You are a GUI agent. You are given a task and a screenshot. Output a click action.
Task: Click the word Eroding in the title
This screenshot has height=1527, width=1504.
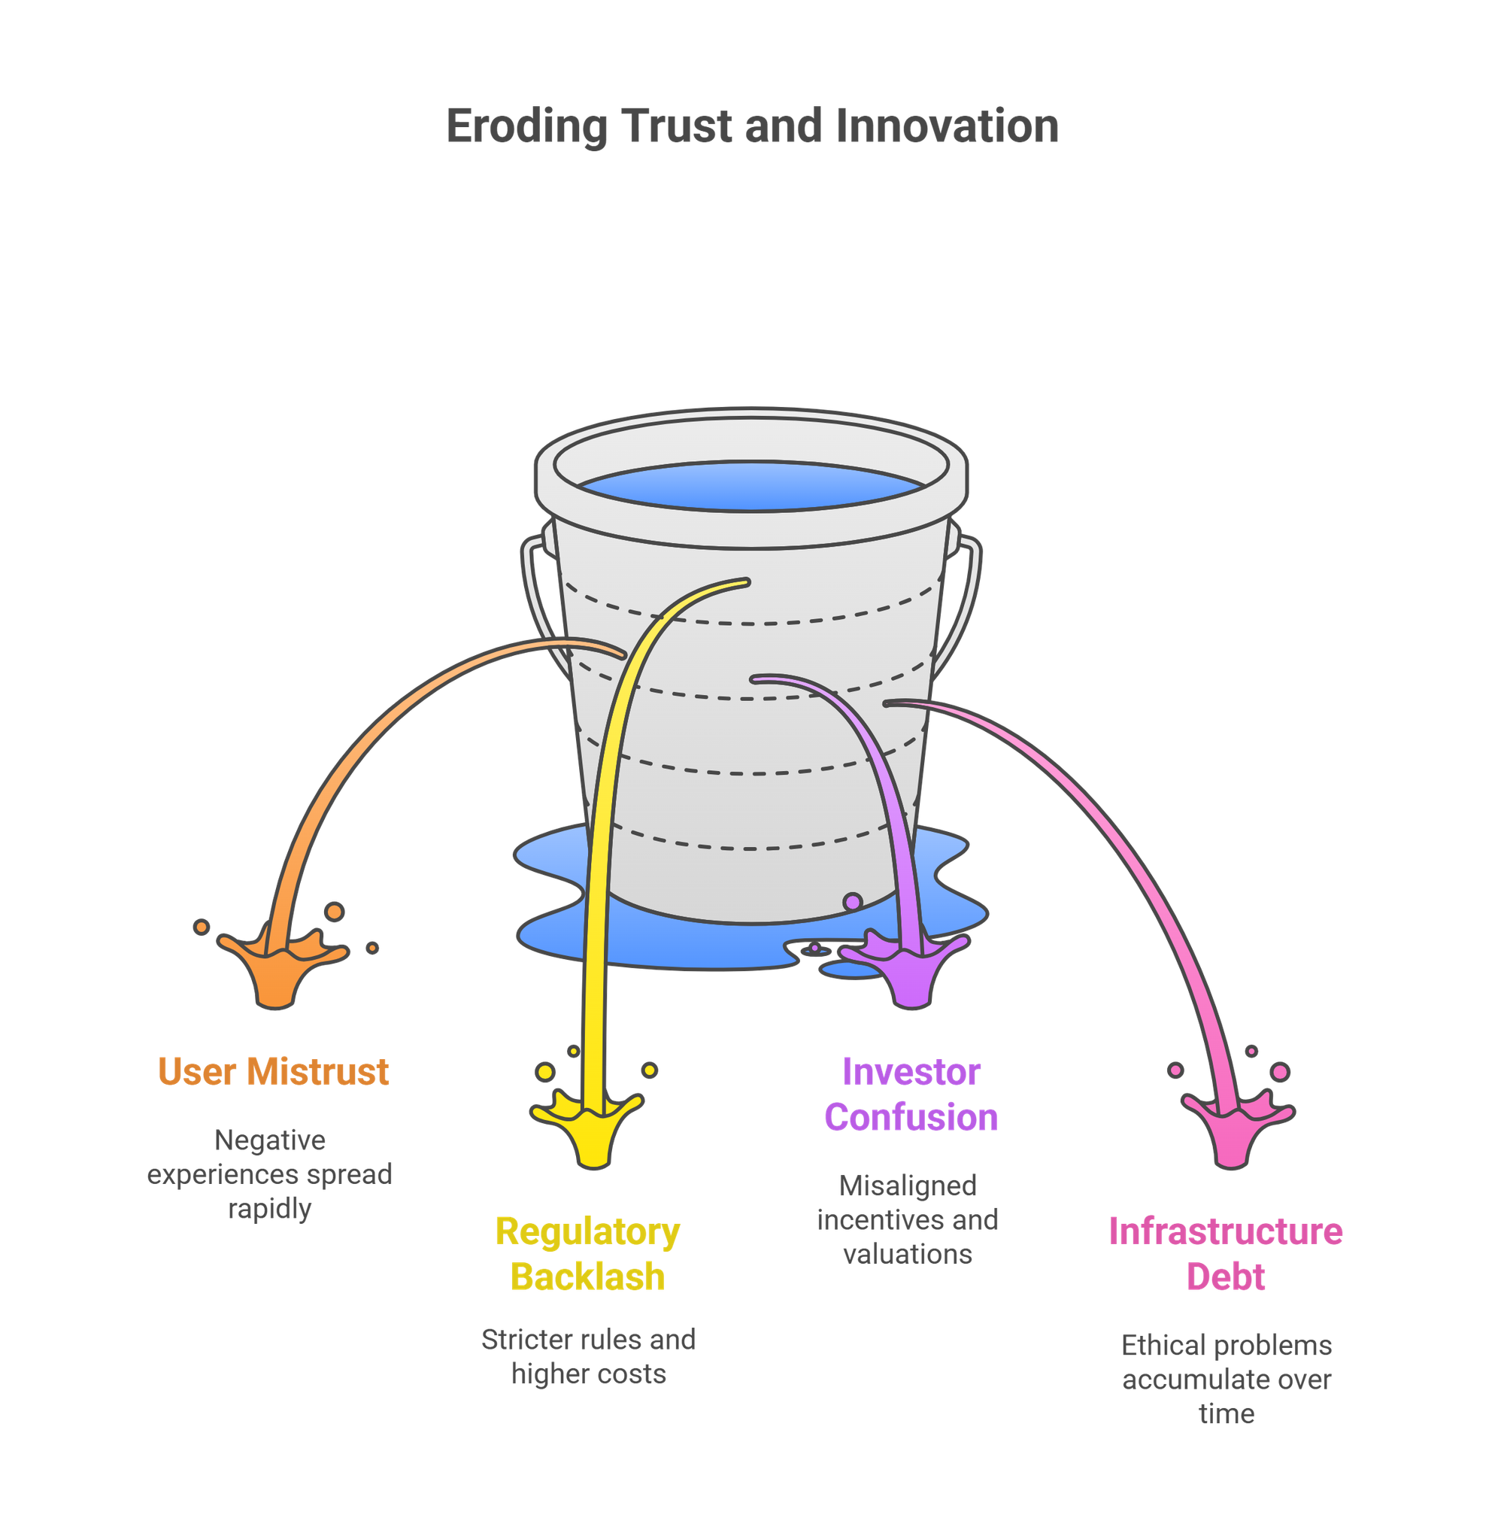(527, 126)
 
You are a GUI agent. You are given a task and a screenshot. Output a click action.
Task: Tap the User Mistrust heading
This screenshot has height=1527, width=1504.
(272, 1072)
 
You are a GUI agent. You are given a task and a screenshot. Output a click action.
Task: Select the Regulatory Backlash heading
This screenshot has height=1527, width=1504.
(588, 1254)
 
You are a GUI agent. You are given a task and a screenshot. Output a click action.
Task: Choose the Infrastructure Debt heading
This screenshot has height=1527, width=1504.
(1225, 1254)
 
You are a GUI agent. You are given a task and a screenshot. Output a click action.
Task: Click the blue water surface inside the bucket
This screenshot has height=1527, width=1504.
(751, 485)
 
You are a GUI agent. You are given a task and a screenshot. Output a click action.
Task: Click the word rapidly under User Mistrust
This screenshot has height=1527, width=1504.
(269, 1209)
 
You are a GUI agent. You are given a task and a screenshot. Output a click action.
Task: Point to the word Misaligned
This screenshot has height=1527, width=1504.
(908, 1185)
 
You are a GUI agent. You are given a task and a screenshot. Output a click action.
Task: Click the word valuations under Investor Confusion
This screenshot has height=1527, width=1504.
(908, 1254)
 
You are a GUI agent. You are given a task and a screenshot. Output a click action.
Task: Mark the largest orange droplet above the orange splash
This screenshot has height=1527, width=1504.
(335, 912)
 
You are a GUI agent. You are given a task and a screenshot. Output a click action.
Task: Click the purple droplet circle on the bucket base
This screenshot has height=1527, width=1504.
(852, 901)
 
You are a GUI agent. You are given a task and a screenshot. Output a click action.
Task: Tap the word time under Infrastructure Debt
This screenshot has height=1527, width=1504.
(1226, 1413)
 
